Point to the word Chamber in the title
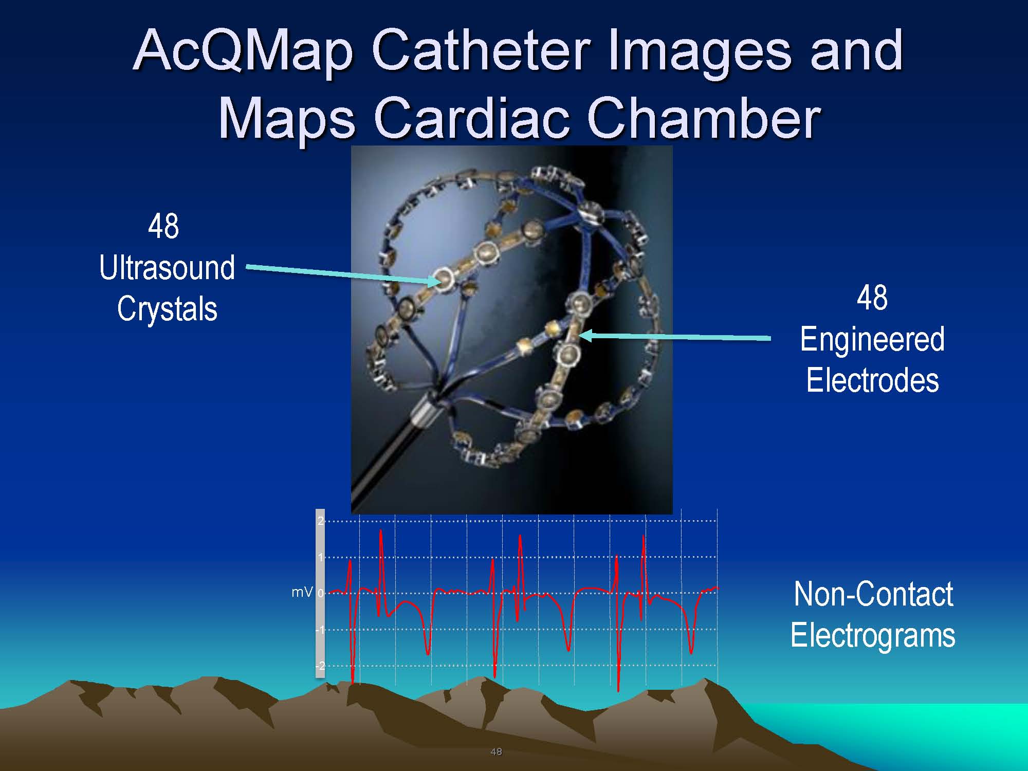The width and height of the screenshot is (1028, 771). click(703, 118)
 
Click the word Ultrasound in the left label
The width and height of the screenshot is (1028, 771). click(167, 268)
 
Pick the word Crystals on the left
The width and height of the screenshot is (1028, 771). click(167, 309)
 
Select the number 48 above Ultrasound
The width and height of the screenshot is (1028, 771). click(163, 226)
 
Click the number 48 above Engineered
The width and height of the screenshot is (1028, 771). click(872, 298)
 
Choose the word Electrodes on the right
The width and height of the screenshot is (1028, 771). click(872, 380)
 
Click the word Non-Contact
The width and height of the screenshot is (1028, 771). click(873, 594)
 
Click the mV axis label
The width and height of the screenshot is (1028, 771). click(302, 593)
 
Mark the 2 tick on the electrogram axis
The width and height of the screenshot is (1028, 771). click(321, 521)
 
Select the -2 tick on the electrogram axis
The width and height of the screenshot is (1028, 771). click(320, 666)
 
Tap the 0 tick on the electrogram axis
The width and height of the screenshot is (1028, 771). click(321, 593)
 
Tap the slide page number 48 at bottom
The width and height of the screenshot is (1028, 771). click(496, 752)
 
